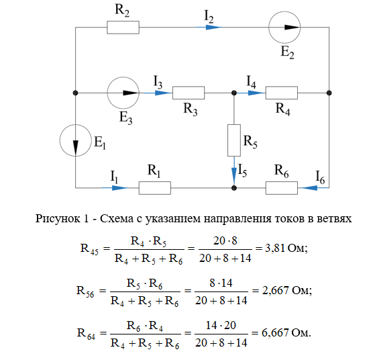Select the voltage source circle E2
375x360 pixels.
pyautogui.click(x=284, y=11)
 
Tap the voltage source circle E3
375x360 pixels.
pyautogui.click(x=123, y=77)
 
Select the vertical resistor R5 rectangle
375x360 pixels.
pyautogui.click(x=234, y=140)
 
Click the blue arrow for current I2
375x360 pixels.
pyautogui.click(x=209, y=28)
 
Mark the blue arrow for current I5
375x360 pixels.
pyautogui.click(x=234, y=171)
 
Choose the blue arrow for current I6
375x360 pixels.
pyautogui.click(x=315, y=188)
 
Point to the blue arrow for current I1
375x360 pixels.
pyautogui.click(x=115, y=188)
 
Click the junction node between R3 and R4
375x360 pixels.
pyautogui.click(x=234, y=93)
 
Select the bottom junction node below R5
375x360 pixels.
pyautogui.click(x=234, y=188)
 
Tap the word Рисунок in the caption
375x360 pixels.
pyautogui.click(x=58, y=219)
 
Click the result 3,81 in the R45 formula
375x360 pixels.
pyautogui.click(x=275, y=249)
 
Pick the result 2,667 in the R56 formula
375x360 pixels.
pyautogui.click(x=276, y=290)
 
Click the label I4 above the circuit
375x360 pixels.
pyautogui.click(x=251, y=82)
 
